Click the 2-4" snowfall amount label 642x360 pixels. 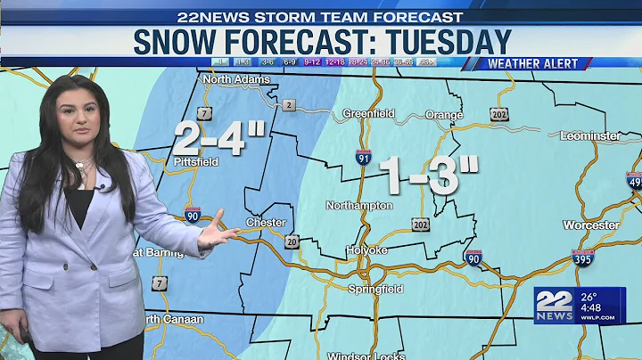(x=219, y=140)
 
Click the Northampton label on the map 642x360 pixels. (x=358, y=206)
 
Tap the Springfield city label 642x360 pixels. (x=374, y=290)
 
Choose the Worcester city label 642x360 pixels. (x=590, y=225)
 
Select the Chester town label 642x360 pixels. (x=266, y=223)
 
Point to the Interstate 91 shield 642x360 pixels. (x=362, y=158)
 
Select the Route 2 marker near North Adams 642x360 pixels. (x=288, y=105)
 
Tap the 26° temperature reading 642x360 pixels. (x=588, y=298)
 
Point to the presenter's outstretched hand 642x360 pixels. (x=216, y=237)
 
